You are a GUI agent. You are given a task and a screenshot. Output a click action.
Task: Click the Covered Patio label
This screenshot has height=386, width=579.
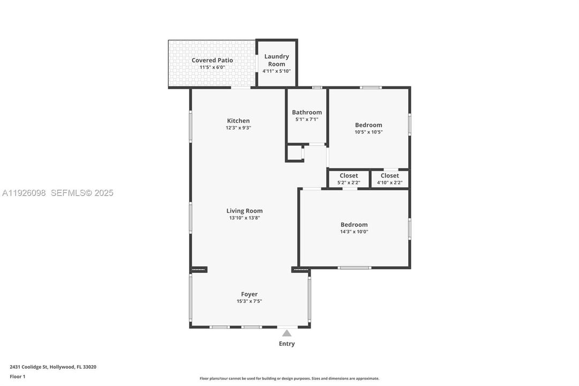(x=212, y=60)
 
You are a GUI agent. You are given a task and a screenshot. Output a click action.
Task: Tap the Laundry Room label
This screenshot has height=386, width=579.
(x=276, y=60)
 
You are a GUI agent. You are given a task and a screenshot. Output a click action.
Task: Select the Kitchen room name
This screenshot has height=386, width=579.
(x=238, y=121)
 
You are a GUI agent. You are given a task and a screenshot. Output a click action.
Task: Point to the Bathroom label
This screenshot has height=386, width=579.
(x=307, y=112)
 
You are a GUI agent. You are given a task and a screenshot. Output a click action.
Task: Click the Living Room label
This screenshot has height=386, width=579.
(x=244, y=211)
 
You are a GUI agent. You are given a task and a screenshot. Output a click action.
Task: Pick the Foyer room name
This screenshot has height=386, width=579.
(x=249, y=294)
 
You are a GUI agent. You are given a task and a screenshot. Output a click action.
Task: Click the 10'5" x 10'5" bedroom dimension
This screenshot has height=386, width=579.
(x=369, y=132)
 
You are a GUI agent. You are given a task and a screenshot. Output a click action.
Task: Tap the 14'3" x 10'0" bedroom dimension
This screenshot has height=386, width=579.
(x=354, y=232)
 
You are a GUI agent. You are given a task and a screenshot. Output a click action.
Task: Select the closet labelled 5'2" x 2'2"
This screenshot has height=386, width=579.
(x=348, y=179)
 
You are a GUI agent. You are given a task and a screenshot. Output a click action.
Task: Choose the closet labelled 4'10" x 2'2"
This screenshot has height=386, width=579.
(x=389, y=179)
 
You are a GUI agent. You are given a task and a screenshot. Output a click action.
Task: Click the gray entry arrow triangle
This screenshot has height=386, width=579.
(x=287, y=333)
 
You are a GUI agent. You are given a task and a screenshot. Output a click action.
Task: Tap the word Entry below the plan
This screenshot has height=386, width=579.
(x=287, y=344)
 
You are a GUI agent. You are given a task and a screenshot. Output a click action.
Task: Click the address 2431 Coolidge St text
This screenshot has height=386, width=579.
(x=53, y=367)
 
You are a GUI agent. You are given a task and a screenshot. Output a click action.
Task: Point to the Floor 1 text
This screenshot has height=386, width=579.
(x=18, y=376)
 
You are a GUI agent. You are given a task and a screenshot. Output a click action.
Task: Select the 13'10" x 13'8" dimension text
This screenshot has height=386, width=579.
(x=244, y=218)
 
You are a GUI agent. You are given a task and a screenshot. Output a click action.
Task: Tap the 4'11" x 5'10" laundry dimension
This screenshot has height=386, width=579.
(x=276, y=71)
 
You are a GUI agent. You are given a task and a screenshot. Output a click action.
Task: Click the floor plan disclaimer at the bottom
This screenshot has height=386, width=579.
(x=289, y=378)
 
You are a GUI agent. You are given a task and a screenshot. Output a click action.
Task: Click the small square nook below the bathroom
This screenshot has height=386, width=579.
(x=295, y=153)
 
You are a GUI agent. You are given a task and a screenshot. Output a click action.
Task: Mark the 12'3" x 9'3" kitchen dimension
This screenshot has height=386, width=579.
(x=238, y=128)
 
